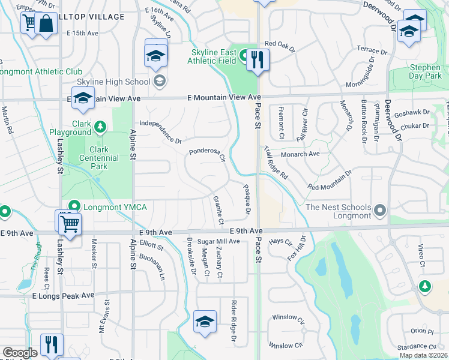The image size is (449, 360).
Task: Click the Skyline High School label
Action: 113,82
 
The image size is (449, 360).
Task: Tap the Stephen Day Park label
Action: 425,72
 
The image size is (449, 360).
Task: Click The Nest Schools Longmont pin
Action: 379,211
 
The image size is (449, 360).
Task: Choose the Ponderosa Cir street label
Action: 208,156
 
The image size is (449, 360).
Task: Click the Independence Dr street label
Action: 160,132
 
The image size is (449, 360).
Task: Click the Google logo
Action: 19,353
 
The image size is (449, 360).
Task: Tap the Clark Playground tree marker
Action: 100,126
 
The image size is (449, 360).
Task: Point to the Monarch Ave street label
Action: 301,154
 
